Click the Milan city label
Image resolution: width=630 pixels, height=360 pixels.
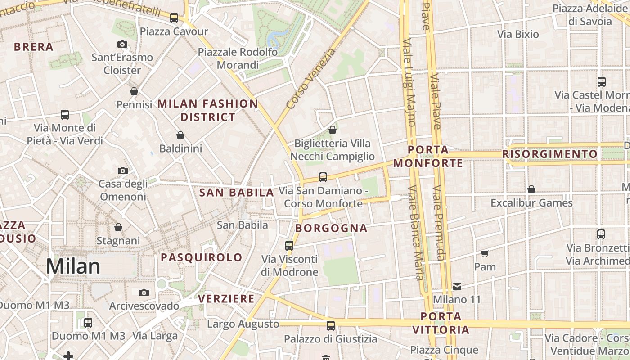point(73,266)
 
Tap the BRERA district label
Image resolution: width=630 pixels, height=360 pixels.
point(34,47)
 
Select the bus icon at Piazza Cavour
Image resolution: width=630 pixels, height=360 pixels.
point(174,18)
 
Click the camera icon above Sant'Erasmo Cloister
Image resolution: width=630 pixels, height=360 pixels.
point(122,44)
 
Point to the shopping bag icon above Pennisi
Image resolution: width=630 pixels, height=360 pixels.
point(134,91)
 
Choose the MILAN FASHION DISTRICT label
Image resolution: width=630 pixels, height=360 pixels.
point(208,110)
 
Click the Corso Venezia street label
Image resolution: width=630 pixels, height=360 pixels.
point(311,79)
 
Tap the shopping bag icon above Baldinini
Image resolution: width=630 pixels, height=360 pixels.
point(180,135)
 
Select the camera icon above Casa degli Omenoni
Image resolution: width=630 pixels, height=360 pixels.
point(123,171)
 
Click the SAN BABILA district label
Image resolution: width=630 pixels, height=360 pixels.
point(237,193)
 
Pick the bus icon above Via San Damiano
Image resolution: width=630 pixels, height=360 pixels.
point(323,177)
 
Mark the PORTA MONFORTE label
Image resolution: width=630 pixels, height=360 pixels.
point(428,156)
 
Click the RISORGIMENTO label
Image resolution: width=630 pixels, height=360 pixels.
point(550,154)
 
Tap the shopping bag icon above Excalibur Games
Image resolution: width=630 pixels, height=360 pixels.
point(531,189)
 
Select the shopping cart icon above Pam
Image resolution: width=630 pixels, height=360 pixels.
point(485,253)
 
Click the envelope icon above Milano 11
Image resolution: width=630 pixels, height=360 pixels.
point(457,286)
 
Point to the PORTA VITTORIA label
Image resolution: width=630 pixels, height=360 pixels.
point(441,323)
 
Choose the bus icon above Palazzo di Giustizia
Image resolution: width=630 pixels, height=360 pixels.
point(331,325)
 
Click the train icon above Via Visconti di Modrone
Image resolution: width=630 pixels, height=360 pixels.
point(289,246)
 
